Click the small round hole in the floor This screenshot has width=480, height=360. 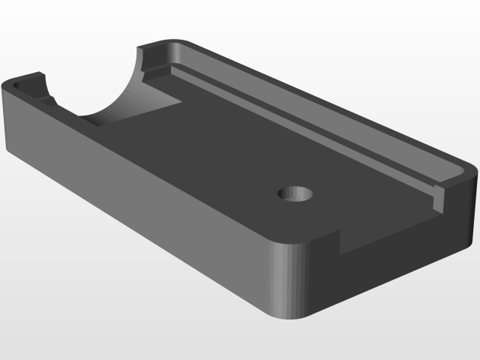click(x=295, y=193)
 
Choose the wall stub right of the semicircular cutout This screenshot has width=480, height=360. click(x=154, y=60)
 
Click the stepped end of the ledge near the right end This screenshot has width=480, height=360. click(x=439, y=199)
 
